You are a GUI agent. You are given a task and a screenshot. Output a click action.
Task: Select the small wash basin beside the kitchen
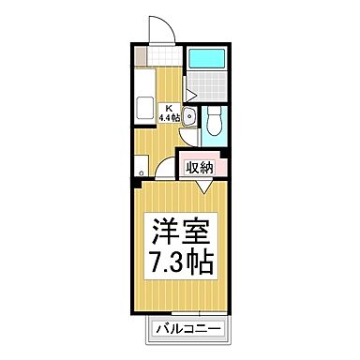point(188,117)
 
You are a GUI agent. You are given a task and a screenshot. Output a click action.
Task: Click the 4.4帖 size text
point(170,119)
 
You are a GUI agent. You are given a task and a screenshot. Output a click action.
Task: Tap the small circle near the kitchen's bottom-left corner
point(139,172)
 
